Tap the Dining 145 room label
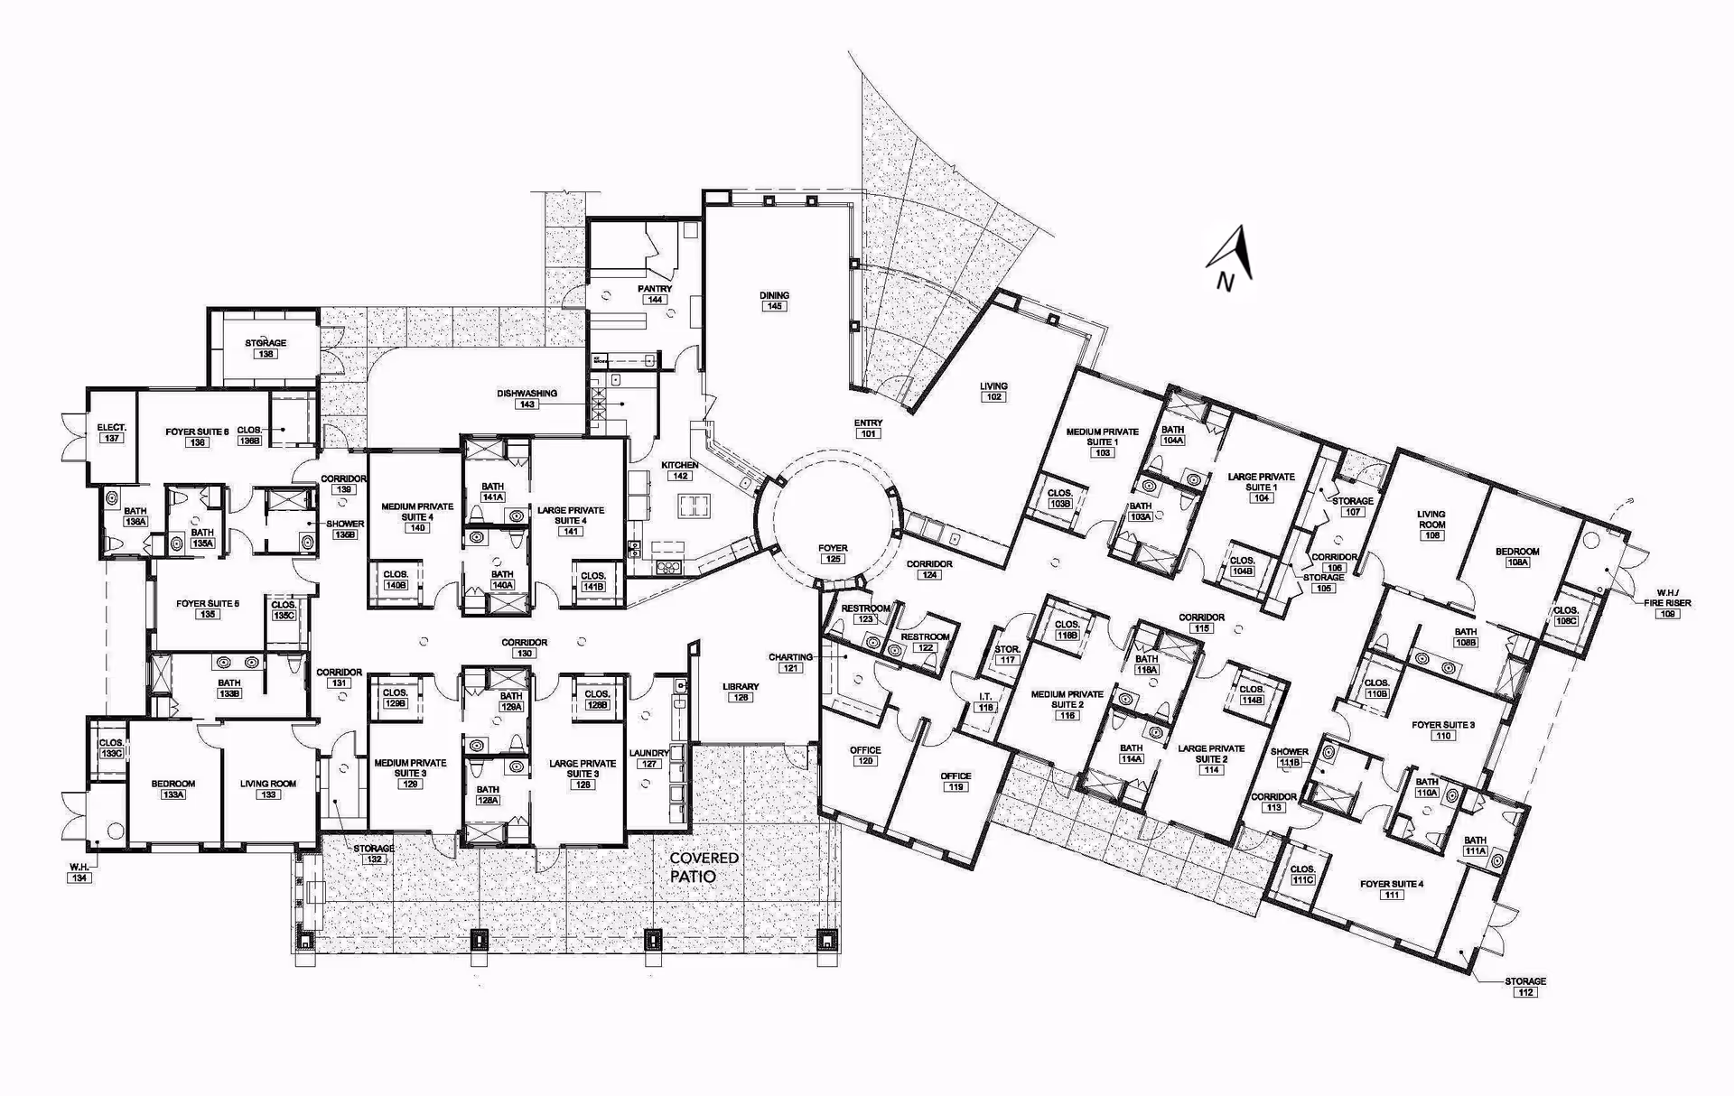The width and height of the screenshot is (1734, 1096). (x=774, y=301)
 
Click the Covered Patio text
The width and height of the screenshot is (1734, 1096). (x=704, y=867)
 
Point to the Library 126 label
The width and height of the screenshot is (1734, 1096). (x=741, y=692)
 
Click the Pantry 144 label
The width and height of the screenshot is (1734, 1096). (x=655, y=294)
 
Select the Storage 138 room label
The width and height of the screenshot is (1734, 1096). (x=266, y=348)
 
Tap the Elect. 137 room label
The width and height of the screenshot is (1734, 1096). (x=112, y=432)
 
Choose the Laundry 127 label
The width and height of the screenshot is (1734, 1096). (x=648, y=757)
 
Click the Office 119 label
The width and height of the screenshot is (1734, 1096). (x=956, y=781)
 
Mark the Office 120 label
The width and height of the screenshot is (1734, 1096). (x=865, y=756)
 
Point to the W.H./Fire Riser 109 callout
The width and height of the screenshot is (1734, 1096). (x=1667, y=608)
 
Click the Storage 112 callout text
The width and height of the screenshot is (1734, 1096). (x=1525, y=986)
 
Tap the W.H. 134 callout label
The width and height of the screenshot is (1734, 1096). (x=79, y=872)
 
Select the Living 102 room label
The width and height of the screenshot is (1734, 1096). (x=993, y=391)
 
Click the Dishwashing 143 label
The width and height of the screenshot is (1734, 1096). (x=527, y=398)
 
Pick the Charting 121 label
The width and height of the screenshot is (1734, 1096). (x=790, y=662)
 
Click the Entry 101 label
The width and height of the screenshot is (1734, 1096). (x=868, y=428)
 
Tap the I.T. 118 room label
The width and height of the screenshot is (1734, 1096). (x=985, y=701)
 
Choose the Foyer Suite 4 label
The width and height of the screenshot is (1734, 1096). (x=1392, y=888)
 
